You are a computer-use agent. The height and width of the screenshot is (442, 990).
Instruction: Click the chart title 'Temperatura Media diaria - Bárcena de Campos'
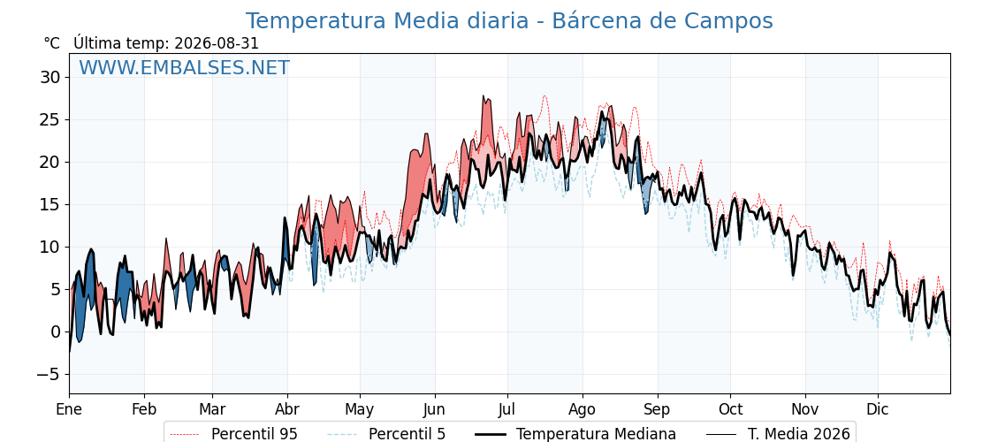509,21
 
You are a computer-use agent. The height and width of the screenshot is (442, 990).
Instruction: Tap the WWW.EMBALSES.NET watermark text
185,67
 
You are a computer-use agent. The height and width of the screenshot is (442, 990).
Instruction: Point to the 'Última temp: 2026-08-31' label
166,43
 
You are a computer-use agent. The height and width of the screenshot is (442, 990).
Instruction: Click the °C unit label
52,43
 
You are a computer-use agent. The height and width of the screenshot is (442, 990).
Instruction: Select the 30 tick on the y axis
49,78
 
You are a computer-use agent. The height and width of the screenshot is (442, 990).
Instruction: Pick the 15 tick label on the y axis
49,204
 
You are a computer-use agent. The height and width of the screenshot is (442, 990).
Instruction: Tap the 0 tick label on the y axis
55,332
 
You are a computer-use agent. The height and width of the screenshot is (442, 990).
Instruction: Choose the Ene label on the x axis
69,409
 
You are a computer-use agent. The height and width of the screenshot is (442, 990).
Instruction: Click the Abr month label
287,409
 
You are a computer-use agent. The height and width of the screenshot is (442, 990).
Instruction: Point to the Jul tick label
507,409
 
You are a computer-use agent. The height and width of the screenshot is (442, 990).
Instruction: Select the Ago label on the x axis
582,409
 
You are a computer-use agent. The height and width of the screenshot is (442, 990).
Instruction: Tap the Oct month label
730,409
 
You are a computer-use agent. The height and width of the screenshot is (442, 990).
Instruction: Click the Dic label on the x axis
878,409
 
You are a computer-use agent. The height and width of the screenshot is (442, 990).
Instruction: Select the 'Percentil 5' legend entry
386,434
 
